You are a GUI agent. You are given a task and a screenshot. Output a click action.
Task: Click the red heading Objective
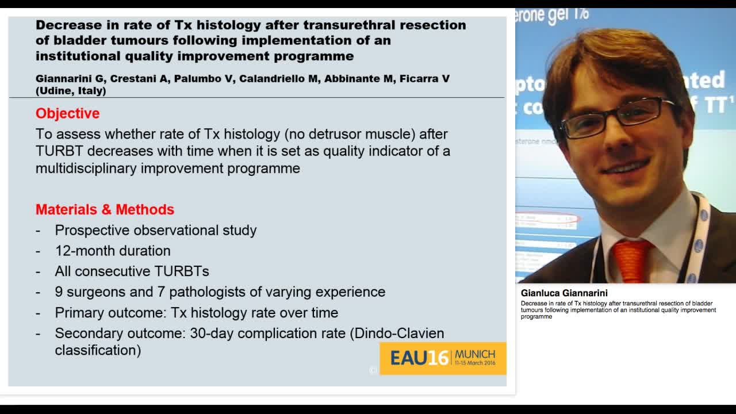(x=67, y=113)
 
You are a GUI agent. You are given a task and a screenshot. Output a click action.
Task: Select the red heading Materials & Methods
(x=105, y=209)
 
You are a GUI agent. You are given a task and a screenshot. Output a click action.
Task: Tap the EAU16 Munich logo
(x=443, y=358)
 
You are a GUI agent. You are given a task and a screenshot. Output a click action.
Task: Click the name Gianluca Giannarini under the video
(x=563, y=293)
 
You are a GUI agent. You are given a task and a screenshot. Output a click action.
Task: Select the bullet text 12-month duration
(x=113, y=251)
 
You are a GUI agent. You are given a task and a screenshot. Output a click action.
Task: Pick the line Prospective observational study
(x=156, y=230)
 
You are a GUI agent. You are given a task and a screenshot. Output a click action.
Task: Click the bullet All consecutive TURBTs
(x=132, y=271)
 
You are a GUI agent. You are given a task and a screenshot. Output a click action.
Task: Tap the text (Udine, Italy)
(x=71, y=91)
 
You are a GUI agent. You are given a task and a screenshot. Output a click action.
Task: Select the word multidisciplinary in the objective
(x=86, y=168)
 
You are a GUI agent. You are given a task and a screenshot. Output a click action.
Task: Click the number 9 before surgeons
(x=59, y=292)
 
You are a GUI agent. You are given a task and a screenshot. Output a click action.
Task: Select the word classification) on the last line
(x=98, y=350)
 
